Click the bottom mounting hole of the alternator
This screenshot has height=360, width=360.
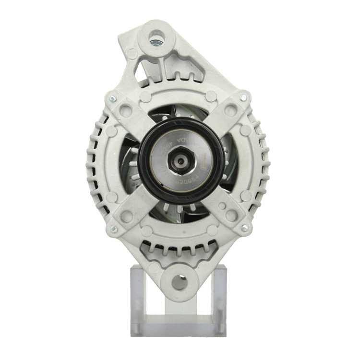click(180, 282)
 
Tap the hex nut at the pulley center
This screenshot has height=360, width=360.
click(181, 161)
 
